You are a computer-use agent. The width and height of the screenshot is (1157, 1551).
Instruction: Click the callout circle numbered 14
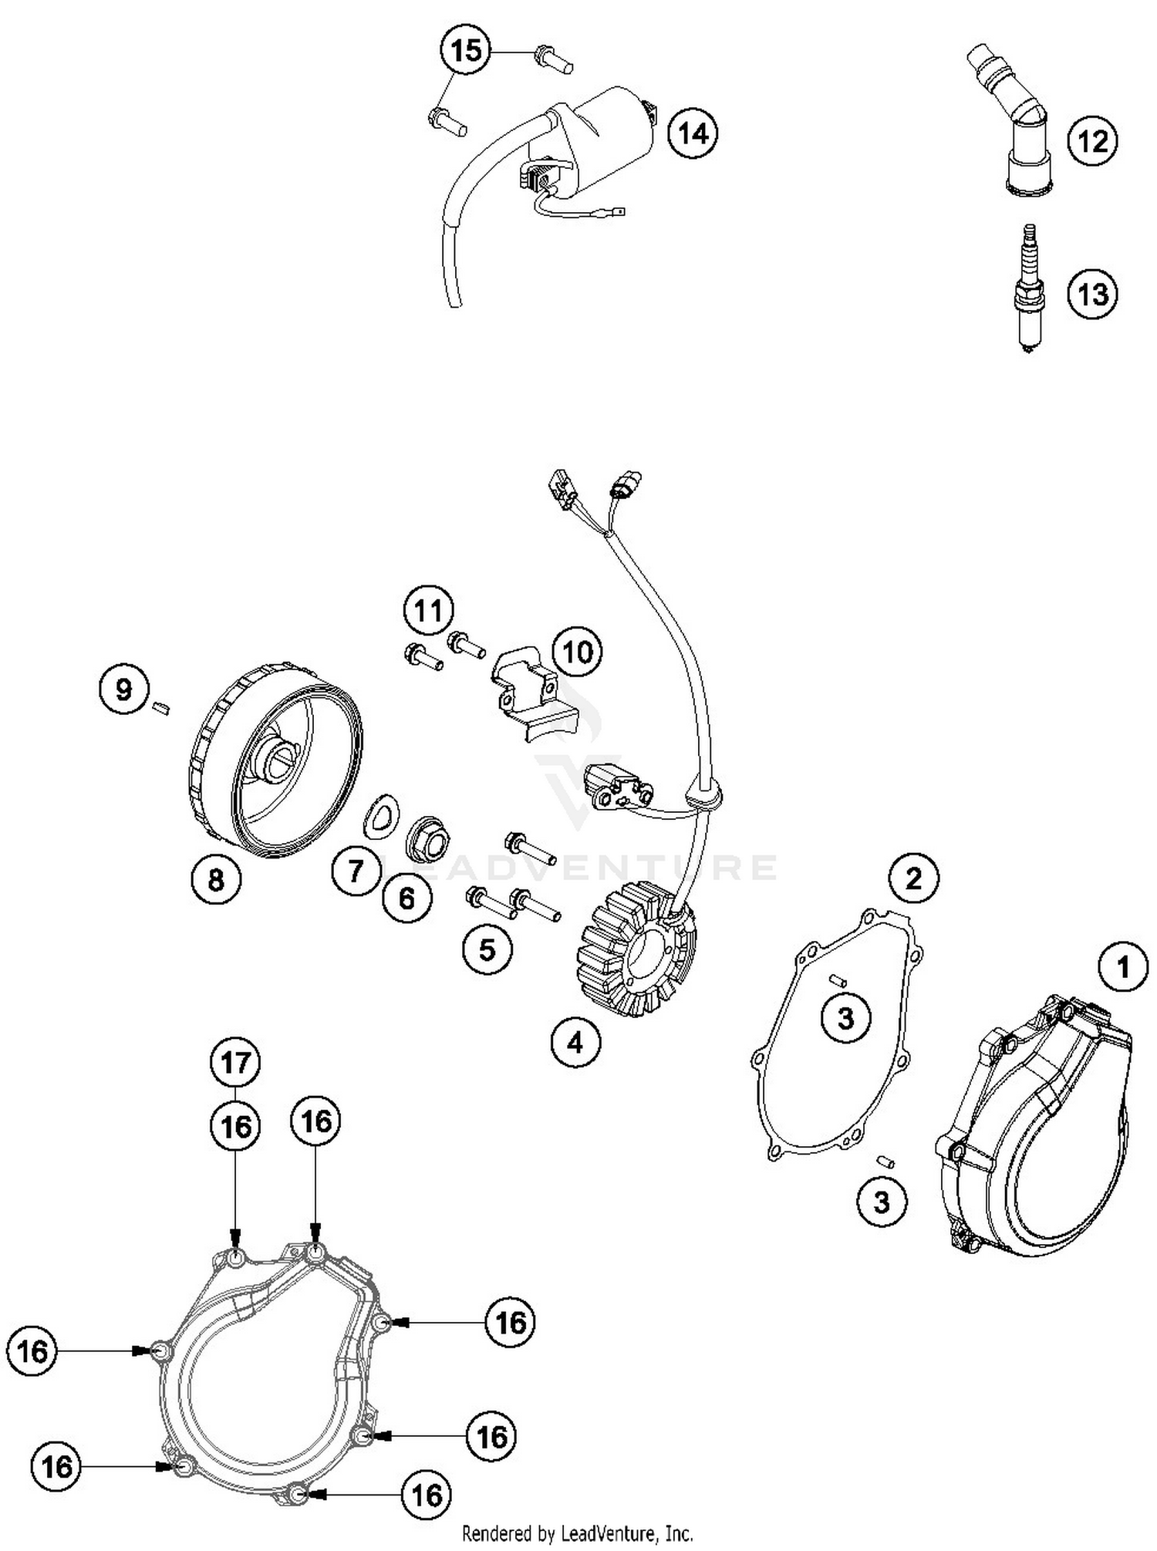pyautogui.click(x=692, y=134)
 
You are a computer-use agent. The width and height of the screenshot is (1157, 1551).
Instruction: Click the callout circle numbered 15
pyautogui.click(x=466, y=52)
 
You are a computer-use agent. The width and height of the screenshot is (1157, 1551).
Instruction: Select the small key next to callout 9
pyautogui.click(x=161, y=706)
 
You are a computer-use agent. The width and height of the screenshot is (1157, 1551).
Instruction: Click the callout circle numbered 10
pyautogui.click(x=578, y=652)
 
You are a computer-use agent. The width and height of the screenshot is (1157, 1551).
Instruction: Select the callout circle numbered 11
pyautogui.click(x=428, y=611)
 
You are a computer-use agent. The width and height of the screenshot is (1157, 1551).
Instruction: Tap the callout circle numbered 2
pyautogui.click(x=913, y=878)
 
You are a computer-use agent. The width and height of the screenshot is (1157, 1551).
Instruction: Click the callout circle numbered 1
pyautogui.click(x=1122, y=967)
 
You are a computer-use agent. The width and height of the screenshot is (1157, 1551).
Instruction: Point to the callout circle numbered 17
pyautogui.click(x=235, y=1063)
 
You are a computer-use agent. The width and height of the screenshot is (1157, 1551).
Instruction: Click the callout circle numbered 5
pyautogui.click(x=487, y=949)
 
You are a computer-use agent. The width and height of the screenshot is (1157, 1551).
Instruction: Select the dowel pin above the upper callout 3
pyautogui.click(x=838, y=981)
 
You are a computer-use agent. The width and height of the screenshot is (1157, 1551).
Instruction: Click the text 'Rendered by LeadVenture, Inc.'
pyautogui.click(x=577, y=1533)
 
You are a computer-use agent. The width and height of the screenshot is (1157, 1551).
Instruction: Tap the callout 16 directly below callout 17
pyautogui.click(x=235, y=1127)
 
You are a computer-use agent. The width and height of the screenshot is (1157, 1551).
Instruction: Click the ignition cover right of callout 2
pyautogui.click(x=1034, y=1126)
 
